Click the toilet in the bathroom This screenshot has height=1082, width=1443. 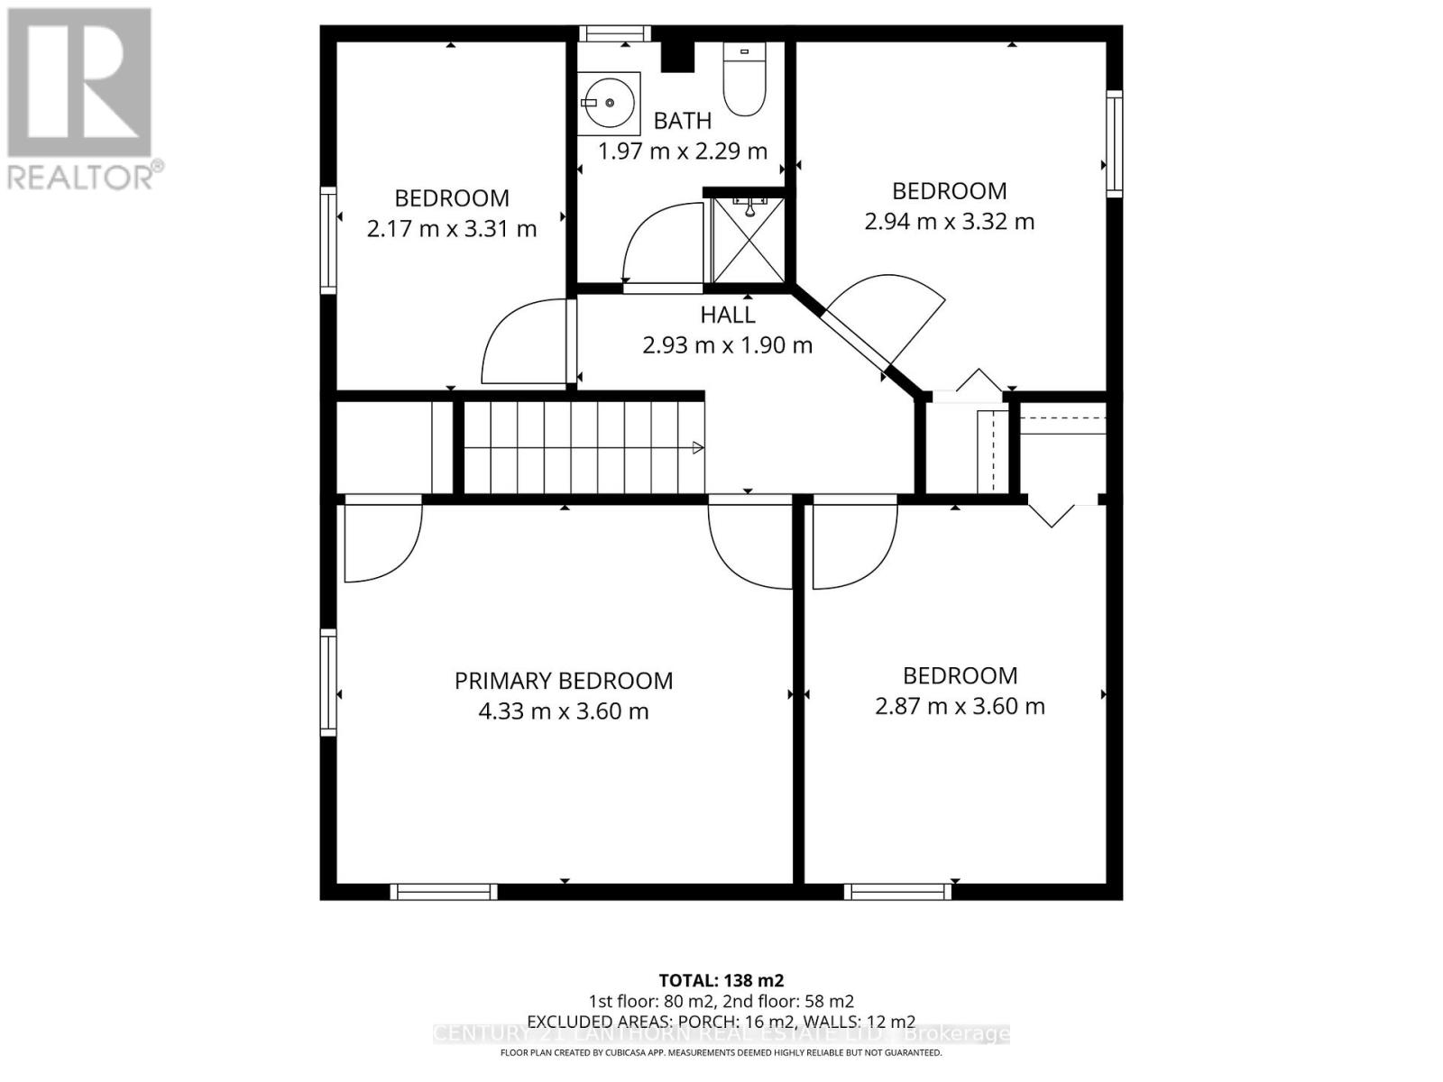(x=744, y=81)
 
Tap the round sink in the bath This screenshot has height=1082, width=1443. (x=608, y=102)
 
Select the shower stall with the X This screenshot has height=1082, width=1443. (x=748, y=240)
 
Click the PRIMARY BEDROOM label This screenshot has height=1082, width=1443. (x=564, y=681)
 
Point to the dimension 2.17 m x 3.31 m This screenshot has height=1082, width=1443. (x=452, y=229)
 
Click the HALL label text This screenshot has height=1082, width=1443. (x=728, y=315)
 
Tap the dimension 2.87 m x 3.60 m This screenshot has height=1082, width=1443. (x=960, y=706)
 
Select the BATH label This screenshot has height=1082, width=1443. (x=683, y=120)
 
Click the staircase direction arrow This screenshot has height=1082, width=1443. (x=698, y=447)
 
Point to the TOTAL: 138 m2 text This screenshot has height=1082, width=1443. (x=721, y=980)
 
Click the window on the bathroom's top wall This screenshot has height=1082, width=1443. (x=615, y=33)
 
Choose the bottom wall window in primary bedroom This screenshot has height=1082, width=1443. (x=444, y=892)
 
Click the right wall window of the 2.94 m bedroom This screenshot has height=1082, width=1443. (x=1115, y=143)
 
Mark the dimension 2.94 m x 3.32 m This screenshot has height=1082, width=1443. (x=949, y=222)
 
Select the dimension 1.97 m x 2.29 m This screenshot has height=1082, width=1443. (x=683, y=151)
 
